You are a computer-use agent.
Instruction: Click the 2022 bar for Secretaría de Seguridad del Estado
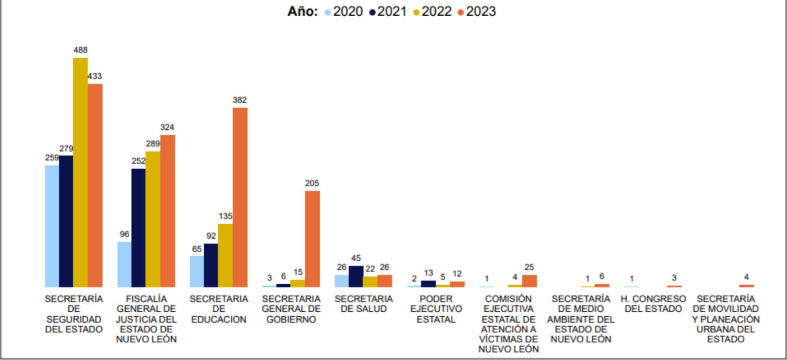click(x=81, y=172)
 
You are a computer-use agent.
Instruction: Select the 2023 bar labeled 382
click(x=240, y=197)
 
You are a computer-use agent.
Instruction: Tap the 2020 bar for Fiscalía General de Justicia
click(x=124, y=265)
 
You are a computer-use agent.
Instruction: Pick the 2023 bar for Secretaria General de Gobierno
click(x=312, y=239)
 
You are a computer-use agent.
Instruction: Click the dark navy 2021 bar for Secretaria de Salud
click(x=356, y=276)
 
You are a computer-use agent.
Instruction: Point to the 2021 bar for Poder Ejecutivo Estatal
click(x=428, y=284)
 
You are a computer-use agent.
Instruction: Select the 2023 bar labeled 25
click(x=529, y=281)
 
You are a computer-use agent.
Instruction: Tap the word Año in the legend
click(x=302, y=11)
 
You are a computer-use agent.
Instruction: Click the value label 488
click(x=81, y=50)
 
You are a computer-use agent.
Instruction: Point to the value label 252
click(x=139, y=161)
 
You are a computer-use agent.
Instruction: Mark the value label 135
click(x=225, y=216)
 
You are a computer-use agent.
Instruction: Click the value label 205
click(x=312, y=183)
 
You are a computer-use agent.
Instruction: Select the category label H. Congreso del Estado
click(x=653, y=304)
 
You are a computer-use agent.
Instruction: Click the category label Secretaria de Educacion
click(x=219, y=309)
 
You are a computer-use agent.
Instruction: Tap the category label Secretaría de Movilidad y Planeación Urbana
click(x=726, y=319)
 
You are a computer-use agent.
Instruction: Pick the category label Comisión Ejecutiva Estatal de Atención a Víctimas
click(x=509, y=324)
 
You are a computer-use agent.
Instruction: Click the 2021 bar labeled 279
click(x=66, y=221)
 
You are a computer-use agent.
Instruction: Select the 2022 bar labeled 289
click(x=153, y=219)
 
